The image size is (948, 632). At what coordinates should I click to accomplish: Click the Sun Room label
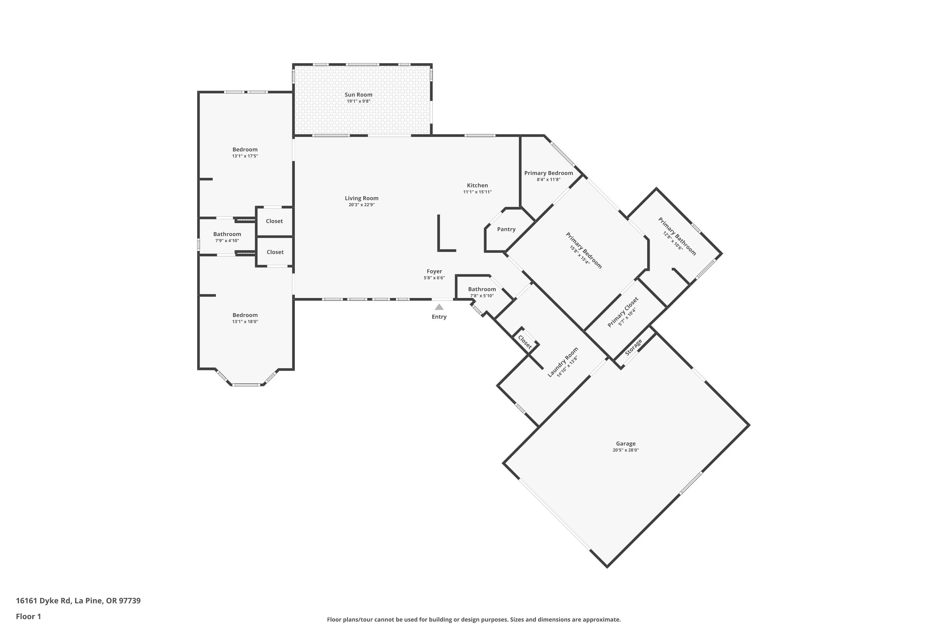coord(358,95)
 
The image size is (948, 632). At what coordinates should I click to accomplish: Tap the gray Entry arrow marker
coord(439,307)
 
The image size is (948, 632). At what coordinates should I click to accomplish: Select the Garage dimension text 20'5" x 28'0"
coord(626,450)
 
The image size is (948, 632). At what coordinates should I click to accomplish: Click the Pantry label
coord(506,229)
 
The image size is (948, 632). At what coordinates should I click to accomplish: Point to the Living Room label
coord(362,198)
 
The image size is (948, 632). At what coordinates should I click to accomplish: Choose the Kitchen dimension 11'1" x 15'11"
coord(477,192)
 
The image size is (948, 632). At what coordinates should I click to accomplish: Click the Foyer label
coord(434,271)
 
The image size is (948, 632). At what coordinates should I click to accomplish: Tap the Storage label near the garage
coord(633,347)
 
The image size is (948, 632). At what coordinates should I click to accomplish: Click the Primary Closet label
coord(623,312)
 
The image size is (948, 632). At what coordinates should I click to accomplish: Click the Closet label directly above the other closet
coord(274,221)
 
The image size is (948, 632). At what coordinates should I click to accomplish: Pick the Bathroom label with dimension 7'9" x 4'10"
coord(227,234)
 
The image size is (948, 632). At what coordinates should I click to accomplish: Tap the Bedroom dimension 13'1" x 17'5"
coord(245,156)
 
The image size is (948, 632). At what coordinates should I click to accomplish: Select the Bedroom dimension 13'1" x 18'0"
coord(245,322)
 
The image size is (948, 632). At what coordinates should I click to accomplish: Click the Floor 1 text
coord(28,616)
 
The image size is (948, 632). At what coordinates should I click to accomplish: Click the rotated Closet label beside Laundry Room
coord(524,342)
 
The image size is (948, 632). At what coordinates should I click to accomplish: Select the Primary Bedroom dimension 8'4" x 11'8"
coord(548,180)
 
